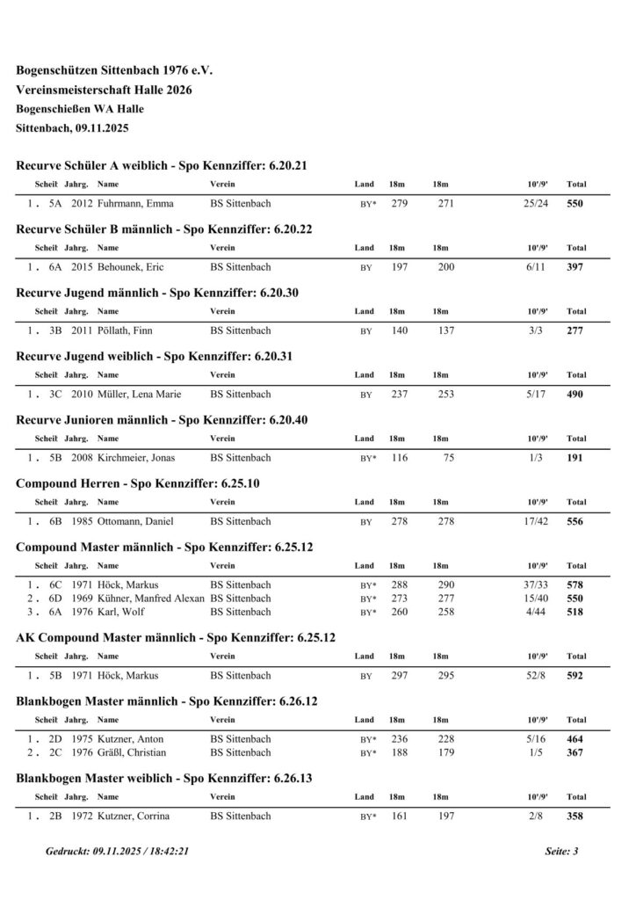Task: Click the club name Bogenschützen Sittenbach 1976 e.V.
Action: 114,69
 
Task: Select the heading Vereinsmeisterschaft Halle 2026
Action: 104,90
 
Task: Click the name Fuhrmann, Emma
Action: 135,204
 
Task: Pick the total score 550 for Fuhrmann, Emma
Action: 575,204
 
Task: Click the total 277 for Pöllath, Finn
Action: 575,331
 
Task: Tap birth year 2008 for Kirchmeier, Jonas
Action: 82,458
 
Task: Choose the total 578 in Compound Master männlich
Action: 575,585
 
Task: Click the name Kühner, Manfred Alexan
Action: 151,598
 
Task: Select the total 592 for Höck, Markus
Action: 575,676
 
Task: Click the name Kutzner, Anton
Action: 131,739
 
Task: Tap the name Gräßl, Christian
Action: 132,752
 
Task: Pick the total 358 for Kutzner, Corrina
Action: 575,817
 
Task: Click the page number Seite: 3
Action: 561,852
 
